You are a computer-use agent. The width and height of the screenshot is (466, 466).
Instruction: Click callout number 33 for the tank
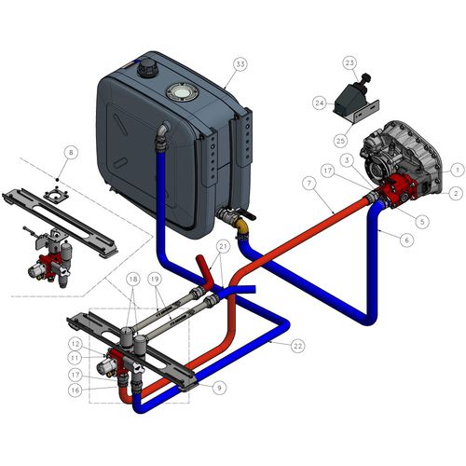click(240, 64)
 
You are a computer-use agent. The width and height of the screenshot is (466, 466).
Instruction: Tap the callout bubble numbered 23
click(349, 63)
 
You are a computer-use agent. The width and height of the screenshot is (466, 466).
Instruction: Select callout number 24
click(320, 103)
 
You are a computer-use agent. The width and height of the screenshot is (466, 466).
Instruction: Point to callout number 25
click(340, 141)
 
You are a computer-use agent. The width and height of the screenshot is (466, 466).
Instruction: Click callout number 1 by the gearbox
click(458, 170)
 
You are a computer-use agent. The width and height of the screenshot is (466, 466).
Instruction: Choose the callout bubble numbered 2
click(456, 194)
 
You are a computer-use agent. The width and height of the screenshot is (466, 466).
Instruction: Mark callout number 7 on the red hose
click(309, 184)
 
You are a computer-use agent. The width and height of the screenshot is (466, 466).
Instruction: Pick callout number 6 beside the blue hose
click(407, 240)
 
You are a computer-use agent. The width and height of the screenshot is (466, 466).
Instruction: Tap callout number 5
click(422, 222)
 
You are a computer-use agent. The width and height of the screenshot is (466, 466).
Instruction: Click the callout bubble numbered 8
click(71, 153)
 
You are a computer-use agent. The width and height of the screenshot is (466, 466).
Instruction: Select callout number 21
click(224, 247)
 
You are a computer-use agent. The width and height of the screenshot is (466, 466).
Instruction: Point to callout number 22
click(297, 346)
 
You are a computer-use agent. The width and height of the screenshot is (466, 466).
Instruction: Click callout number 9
click(220, 388)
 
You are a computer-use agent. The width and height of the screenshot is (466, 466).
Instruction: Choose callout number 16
click(75, 391)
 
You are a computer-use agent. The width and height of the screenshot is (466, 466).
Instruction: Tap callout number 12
click(75, 344)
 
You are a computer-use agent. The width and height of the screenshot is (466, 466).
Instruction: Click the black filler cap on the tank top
click(147, 67)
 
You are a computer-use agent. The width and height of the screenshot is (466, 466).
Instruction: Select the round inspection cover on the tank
click(182, 91)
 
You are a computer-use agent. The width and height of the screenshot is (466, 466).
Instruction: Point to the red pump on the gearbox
click(399, 191)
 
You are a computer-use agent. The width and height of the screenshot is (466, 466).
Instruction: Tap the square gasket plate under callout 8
click(56, 195)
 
